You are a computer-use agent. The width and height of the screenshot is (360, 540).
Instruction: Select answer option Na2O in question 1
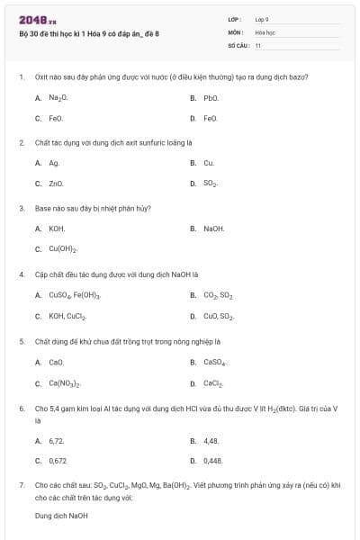(x=58, y=97)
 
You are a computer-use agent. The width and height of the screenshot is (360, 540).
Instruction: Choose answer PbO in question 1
(x=211, y=97)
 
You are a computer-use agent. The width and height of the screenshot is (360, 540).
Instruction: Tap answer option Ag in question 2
(x=53, y=163)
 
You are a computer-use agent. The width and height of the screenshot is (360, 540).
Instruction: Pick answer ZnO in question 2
(x=55, y=184)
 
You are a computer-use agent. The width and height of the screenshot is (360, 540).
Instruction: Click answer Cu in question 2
(x=208, y=163)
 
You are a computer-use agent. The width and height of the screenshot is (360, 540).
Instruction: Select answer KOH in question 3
(x=56, y=229)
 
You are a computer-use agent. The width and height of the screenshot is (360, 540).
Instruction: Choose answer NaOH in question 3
(x=213, y=229)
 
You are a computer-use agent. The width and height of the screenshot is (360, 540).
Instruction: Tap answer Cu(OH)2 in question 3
(x=62, y=249)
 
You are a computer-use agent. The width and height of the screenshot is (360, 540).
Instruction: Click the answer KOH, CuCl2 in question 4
(x=67, y=316)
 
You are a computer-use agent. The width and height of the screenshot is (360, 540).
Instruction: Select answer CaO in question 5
(x=56, y=362)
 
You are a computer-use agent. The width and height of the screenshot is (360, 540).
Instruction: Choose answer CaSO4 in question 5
(x=214, y=362)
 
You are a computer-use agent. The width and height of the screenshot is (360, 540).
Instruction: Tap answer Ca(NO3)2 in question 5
(x=65, y=383)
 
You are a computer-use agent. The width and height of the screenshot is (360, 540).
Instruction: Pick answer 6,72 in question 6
(x=56, y=440)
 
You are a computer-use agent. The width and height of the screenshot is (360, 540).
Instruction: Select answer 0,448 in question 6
(x=212, y=460)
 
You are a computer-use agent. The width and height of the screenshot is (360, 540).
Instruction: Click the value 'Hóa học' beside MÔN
(x=265, y=31)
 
